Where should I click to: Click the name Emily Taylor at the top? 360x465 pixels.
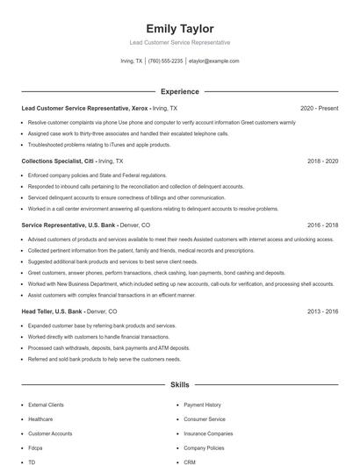tap(180, 29)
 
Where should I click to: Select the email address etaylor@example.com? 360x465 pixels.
tap(213, 61)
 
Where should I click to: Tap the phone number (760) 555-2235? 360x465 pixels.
tap(165, 61)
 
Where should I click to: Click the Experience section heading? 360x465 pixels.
tap(180, 91)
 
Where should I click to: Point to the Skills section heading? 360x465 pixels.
tap(180, 384)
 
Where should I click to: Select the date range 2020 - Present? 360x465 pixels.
tap(319, 108)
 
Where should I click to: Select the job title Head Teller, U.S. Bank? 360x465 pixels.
tap(53, 311)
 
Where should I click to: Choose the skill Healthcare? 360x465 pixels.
tap(41, 419)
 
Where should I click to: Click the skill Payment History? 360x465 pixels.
tap(202, 405)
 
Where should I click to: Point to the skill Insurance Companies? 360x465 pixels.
tap(208, 433)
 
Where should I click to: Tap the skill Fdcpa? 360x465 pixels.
tap(36, 447)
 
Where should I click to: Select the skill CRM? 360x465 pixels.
tap(190, 461)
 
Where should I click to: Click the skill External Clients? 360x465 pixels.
tap(46, 405)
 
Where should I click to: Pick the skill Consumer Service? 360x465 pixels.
tap(205, 419)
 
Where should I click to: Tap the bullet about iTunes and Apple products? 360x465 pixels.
tap(99, 144)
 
